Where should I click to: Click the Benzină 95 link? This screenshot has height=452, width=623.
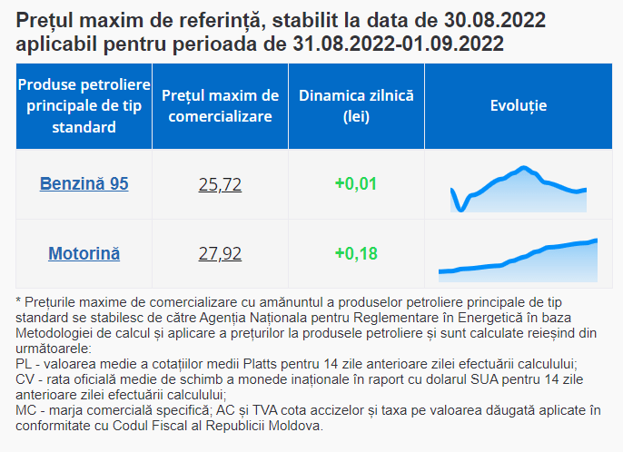(x=84, y=184)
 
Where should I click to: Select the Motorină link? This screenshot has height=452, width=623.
(x=84, y=253)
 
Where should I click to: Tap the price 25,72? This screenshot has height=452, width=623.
(x=220, y=184)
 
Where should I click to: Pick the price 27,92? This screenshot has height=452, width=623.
(x=220, y=253)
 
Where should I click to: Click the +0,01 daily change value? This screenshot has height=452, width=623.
(x=355, y=184)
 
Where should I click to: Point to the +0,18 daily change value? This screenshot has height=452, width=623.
(x=355, y=253)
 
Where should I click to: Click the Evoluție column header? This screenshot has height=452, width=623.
(x=518, y=105)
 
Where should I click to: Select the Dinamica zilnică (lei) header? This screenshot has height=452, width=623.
(x=356, y=105)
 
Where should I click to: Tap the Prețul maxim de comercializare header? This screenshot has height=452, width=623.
(x=220, y=105)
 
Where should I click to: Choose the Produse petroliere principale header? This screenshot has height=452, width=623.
(x=84, y=105)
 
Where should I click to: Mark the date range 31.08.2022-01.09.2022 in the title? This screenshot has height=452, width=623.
(x=399, y=44)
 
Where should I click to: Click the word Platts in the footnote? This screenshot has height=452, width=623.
(x=262, y=362)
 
